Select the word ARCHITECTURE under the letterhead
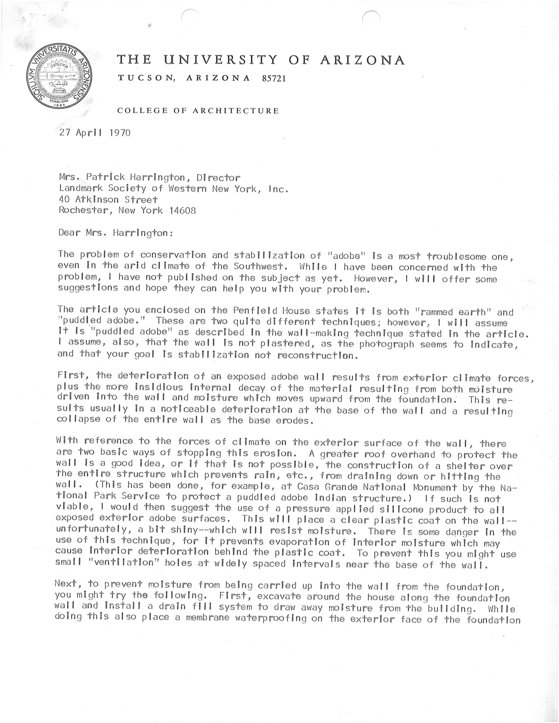pyautogui.click(x=236, y=111)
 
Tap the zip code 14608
pyautogui.click(x=182, y=210)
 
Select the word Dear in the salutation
pyautogui.click(x=69, y=233)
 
